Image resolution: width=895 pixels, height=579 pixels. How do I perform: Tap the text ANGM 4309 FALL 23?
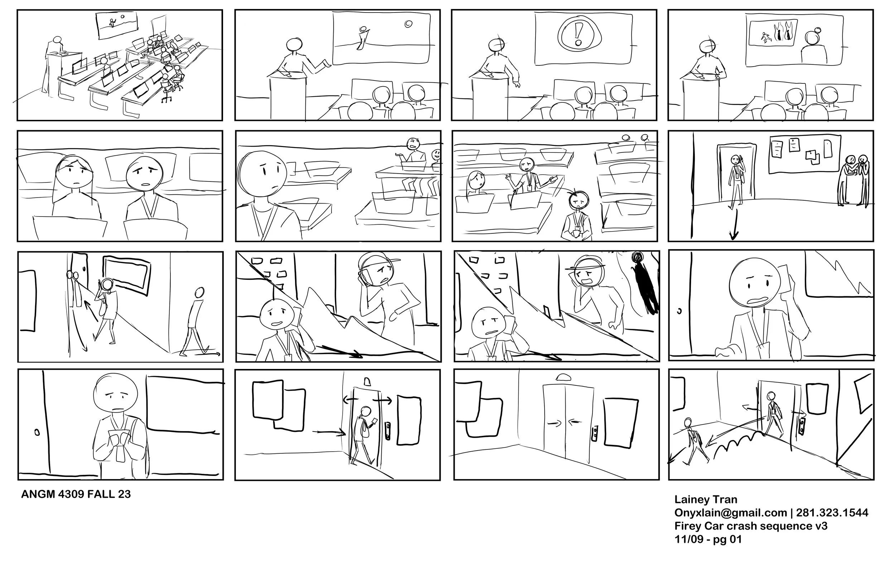(x=76, y=494)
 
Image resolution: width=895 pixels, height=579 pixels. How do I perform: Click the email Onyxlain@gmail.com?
(x=730, y=513)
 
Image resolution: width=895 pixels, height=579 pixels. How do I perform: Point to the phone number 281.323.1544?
(x=832, y=513)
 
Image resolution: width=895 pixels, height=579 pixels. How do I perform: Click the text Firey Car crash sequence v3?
(x=751, y=526)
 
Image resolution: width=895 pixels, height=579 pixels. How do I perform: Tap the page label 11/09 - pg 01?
(x=708, y=540)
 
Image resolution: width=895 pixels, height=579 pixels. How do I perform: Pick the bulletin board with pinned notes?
(x=804, y=154)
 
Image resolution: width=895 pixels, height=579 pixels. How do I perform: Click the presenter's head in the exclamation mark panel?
(x=497, y=45)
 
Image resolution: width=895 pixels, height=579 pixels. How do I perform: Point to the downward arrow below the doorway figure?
(x=734, y=224)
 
